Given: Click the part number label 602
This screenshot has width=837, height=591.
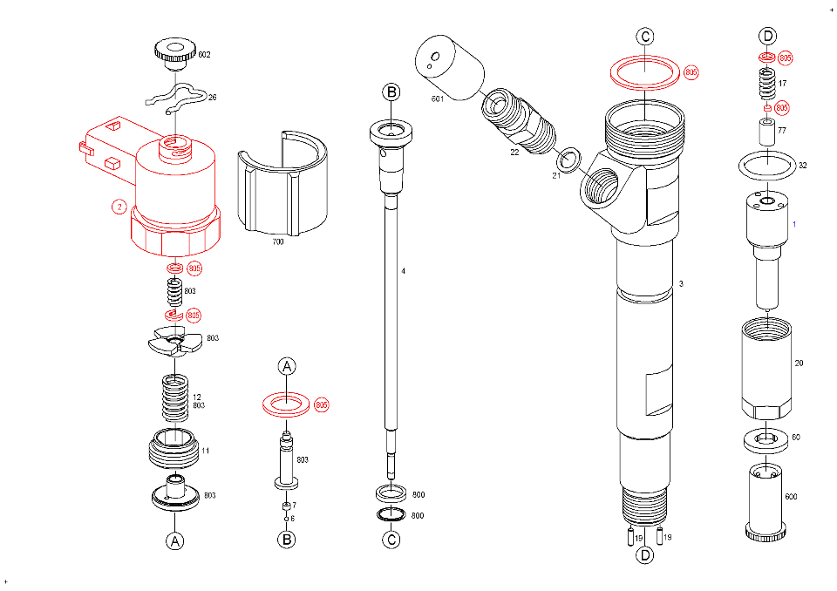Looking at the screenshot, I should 204,55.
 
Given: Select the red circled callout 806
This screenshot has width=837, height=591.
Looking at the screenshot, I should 691,71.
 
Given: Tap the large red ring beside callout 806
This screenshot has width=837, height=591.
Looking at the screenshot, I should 644,71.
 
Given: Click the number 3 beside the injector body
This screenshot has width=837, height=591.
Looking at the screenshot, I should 681,284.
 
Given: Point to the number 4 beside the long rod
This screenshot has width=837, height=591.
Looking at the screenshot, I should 403,271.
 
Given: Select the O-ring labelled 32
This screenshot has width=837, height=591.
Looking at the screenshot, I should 766,164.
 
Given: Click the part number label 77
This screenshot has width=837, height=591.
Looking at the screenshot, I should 782,131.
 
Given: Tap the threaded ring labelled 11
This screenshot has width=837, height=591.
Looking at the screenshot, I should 174,451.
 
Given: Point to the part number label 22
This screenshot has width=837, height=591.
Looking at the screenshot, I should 515,153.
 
